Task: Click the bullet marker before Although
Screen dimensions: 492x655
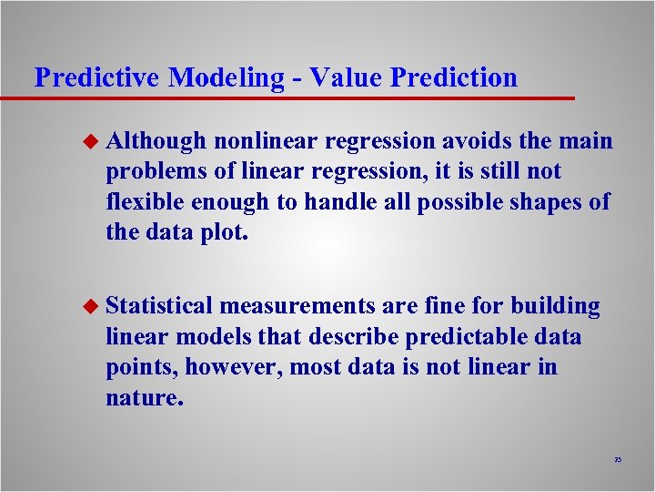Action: point(88,141)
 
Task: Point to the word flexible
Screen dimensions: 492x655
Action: point(145,201)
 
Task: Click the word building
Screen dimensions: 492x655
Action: point(555,307)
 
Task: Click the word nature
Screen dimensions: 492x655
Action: point(144,397)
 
